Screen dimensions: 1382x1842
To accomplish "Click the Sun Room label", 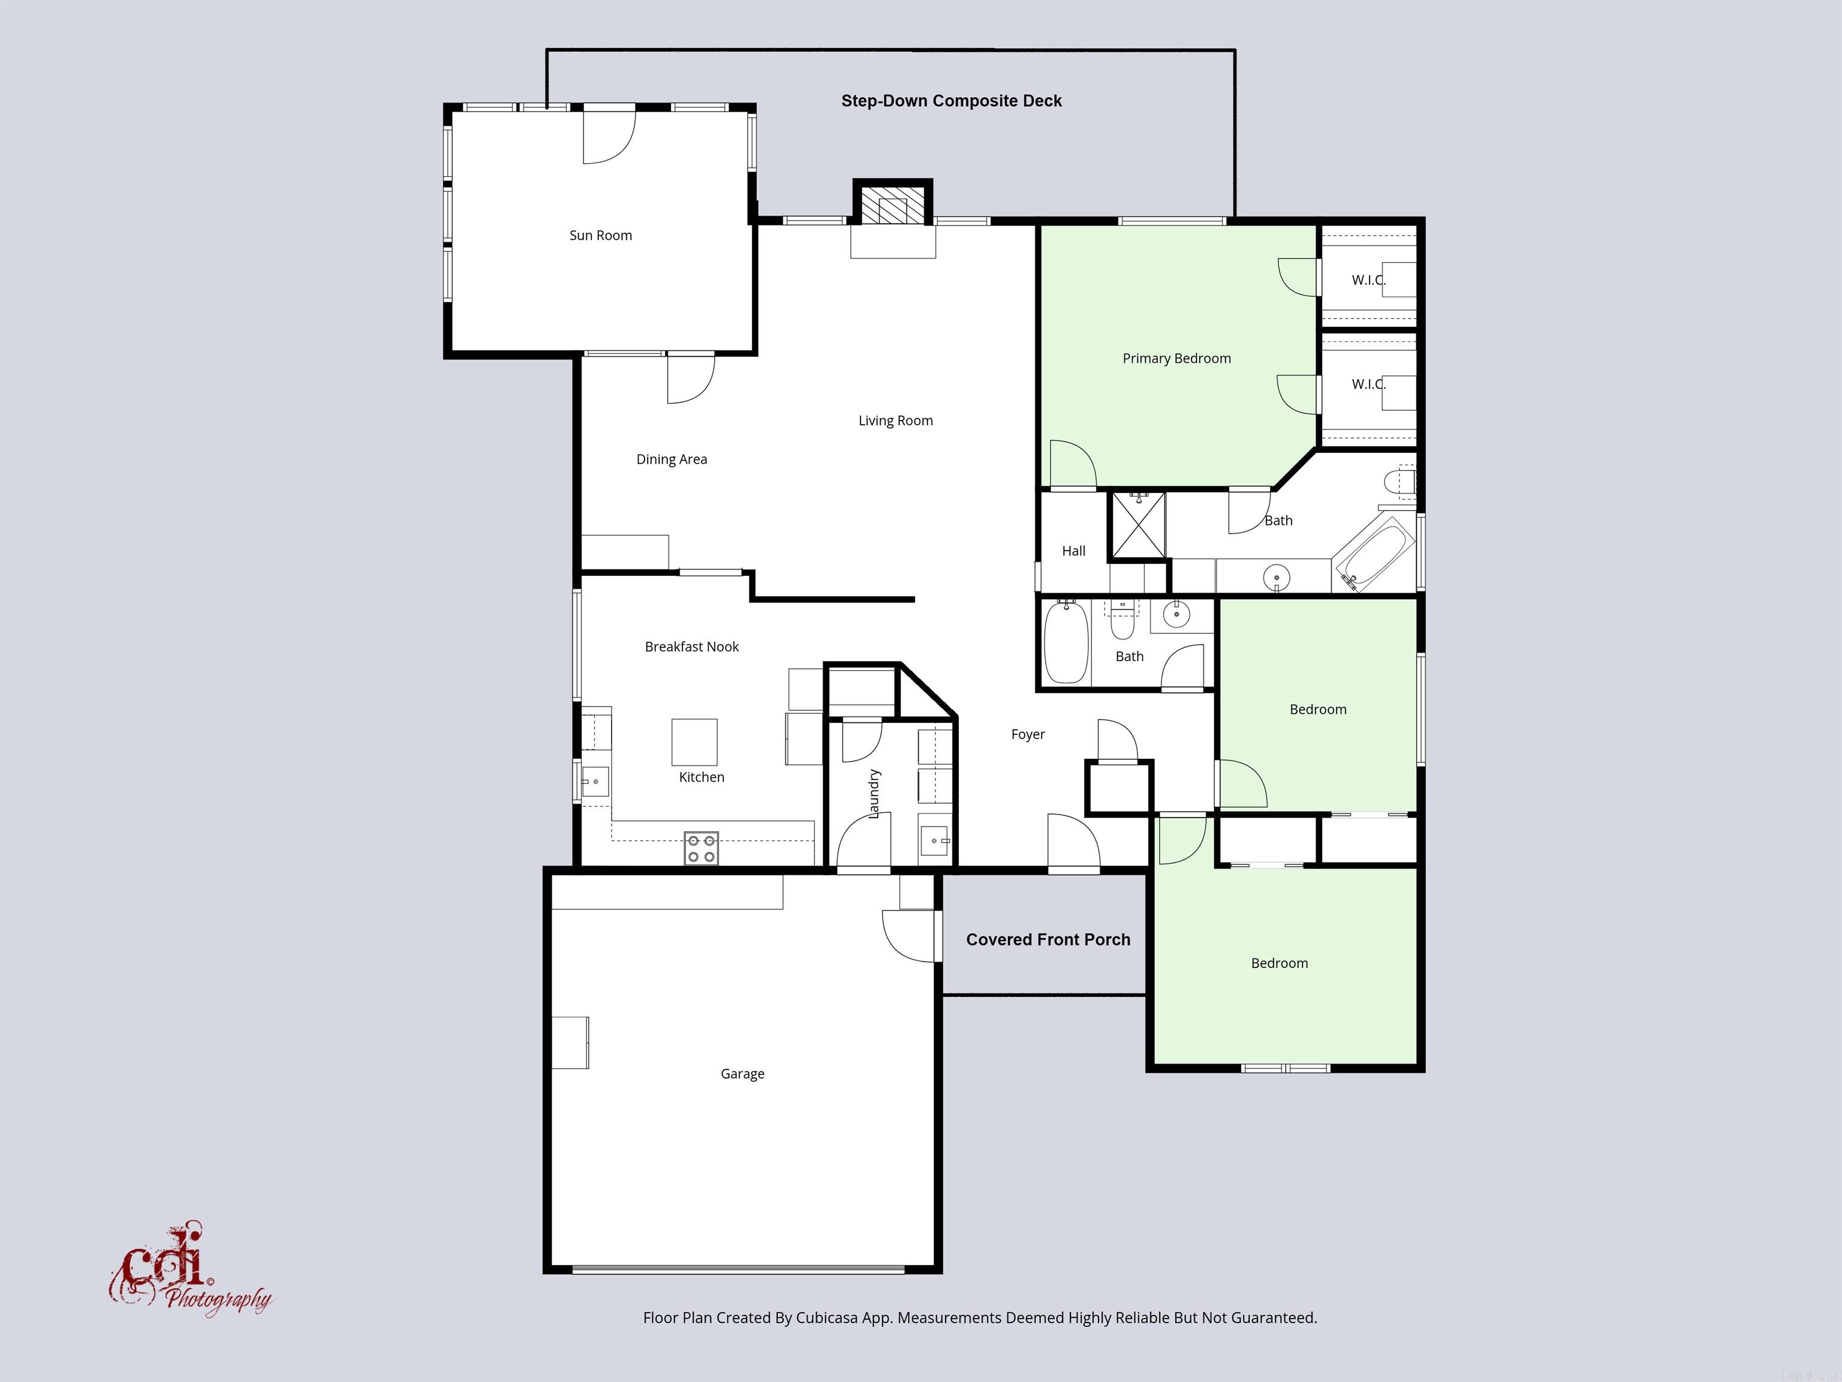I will [x=600, y=236].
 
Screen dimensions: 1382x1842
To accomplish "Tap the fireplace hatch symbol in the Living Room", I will [x=892, y=206].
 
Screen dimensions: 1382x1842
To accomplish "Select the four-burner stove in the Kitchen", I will [x=701, y=848].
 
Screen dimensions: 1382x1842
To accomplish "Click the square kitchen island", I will [x=694, y=741].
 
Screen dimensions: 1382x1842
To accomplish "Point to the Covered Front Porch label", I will [x=1048, y=940].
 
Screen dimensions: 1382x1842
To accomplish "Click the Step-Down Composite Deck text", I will [x=951, y=101].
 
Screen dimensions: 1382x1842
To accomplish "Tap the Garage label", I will [x=742, y=1074].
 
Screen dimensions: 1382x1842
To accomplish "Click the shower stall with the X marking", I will [x=1138, y=525].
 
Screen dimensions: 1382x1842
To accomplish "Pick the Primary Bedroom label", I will [x=1176, y=358].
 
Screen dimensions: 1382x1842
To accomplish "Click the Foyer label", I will [x=1028, y=734].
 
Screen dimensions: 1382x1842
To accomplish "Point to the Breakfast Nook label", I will [x=691, y=647].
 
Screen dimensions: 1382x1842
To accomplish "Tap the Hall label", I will [x=1073, y=551].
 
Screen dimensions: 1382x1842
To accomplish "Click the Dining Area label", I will [x=671, y=459].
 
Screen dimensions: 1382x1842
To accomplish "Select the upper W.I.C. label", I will [x=1368, y=280].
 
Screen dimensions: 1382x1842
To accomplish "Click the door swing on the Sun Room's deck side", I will [x=608, y=137].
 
